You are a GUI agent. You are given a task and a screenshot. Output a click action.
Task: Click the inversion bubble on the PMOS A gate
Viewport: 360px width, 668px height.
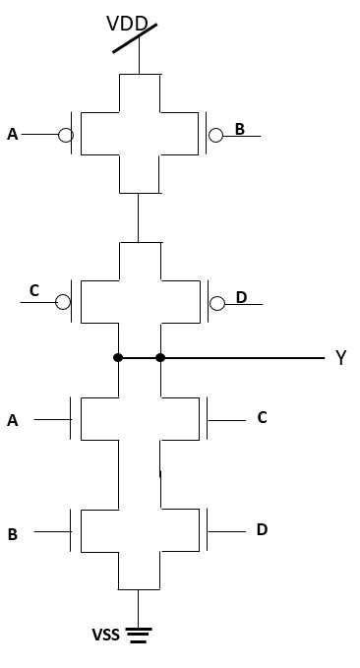tap(65, 135)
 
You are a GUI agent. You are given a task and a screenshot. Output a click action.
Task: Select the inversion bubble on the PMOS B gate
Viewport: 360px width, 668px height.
tap(215, 135)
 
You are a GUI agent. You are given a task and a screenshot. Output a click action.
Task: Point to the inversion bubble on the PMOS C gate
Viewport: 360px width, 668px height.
tap(63, 302)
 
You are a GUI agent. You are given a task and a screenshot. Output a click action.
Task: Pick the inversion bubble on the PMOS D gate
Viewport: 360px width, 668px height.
tap(217, 303)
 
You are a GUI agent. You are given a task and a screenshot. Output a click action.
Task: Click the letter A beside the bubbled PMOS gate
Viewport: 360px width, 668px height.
tap(13, 135)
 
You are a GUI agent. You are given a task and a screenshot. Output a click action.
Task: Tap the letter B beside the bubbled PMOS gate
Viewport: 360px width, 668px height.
tap(239, 129)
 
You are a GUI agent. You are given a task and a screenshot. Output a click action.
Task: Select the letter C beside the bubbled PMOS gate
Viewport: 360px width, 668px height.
tap(34, 290)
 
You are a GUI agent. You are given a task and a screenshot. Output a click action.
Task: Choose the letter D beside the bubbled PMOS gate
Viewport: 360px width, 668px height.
tap(241, 297)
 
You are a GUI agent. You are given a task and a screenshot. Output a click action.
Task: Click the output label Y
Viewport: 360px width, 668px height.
tap(340, 358)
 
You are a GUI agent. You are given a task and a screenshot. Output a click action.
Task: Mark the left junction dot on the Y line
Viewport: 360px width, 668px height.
tap(118, 357)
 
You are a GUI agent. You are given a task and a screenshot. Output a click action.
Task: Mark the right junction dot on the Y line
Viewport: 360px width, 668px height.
tap(160, 357)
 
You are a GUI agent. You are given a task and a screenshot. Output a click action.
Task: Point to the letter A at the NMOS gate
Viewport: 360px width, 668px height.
tap(13, 421)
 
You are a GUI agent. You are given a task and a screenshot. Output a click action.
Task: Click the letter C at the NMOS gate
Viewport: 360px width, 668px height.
tap(262, 417)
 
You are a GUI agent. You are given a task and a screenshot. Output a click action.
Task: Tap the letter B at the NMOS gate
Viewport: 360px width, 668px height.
tap(13, 535)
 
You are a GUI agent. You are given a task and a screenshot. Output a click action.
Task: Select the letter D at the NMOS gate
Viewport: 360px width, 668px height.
tap(262, 529)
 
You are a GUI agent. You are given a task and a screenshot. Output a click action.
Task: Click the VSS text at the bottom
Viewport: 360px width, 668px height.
tap(105, 636)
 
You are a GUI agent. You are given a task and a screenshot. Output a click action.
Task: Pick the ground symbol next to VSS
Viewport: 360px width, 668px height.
tap(139, 636)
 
